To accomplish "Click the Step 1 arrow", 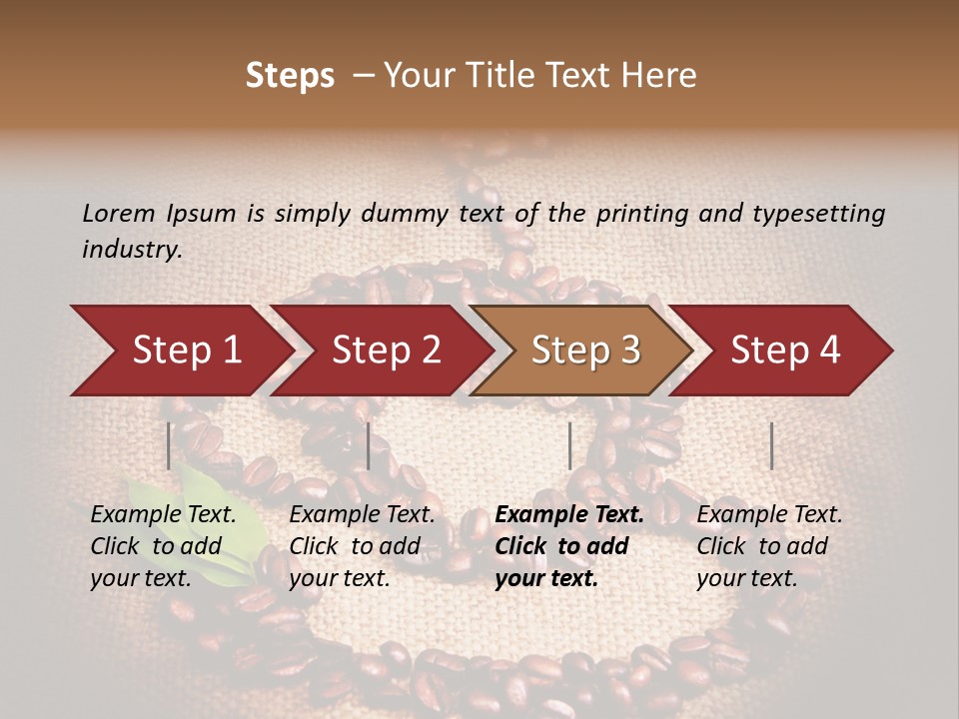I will point(180,351).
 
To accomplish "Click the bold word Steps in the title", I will point(290,76).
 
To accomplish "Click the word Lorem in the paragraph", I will point(119,213).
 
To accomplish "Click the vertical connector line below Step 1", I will point(169,445).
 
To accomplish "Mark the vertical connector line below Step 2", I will point(369,445).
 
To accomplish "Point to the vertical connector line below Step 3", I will point(569,445).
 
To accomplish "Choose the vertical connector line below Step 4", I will point(771,445).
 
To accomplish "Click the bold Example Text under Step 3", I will point(569,515).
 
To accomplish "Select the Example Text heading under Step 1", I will point(163,515).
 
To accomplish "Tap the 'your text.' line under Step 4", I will point(746,579).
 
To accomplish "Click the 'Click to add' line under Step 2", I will point(355,547).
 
